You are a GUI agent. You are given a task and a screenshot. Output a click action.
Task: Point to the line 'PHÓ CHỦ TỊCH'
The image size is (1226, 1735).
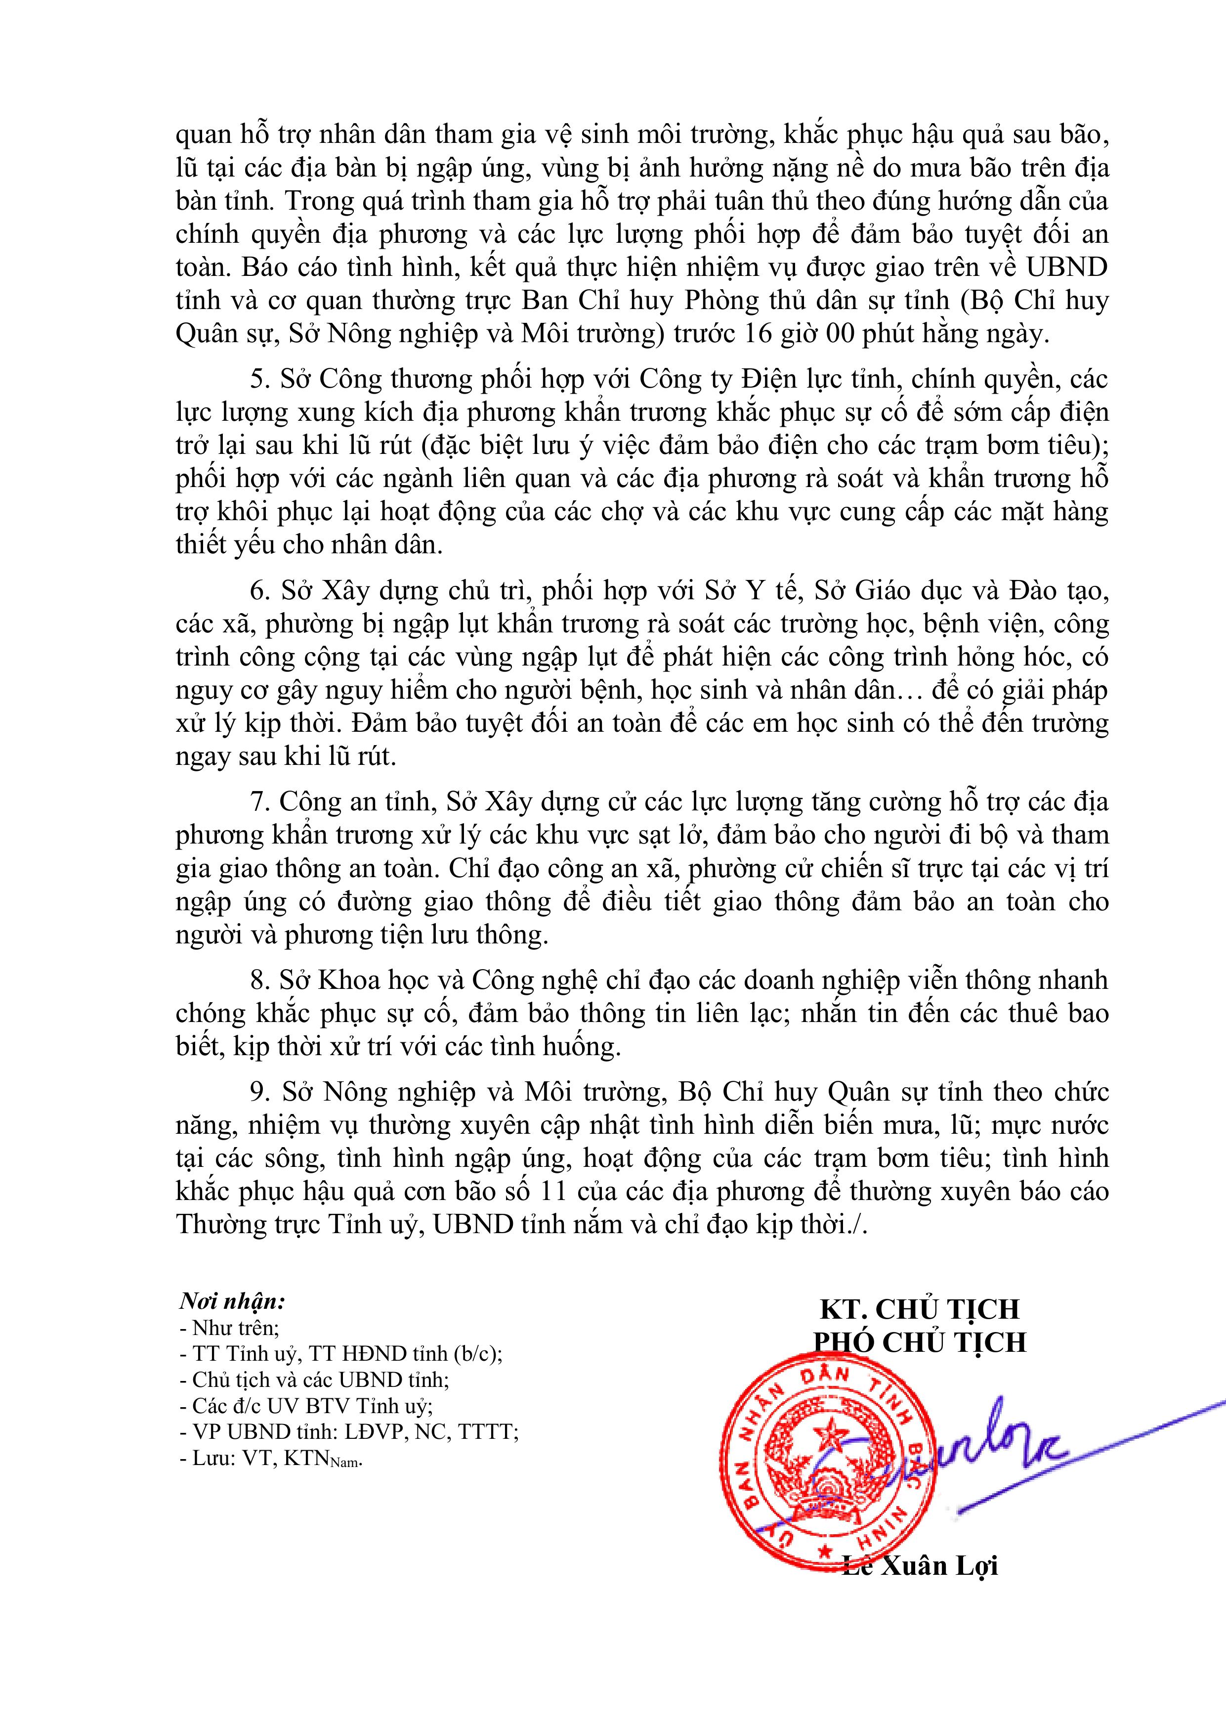click(919, 1341)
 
